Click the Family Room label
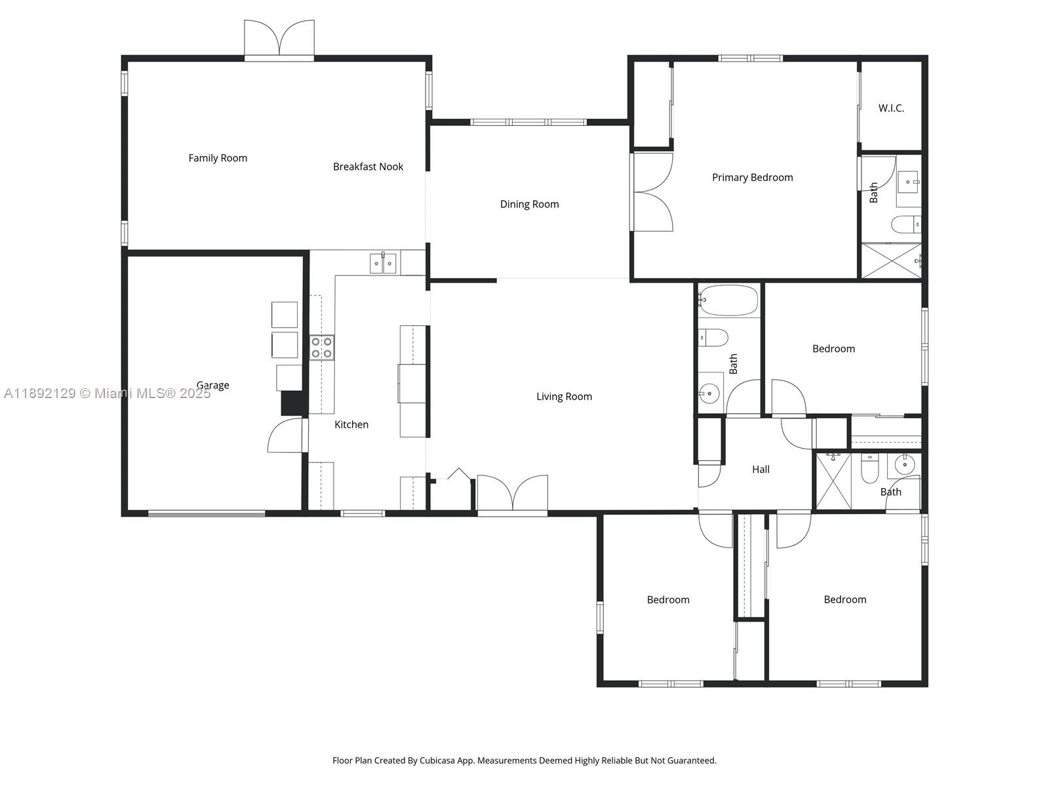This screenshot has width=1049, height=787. (x=218, y=158)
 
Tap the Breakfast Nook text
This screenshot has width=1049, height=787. (x=368, y=167)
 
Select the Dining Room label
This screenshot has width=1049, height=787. (x=529, y=204)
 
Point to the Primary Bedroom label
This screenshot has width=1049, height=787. (x=752, y=177)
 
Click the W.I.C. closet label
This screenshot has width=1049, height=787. (x=891, y=108)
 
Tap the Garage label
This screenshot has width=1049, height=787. (x=212, y=385)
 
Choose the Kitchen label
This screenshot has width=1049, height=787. (x=351, y=424)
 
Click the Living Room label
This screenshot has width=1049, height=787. (x=564, y=396)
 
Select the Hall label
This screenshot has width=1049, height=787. (x=761, y=469)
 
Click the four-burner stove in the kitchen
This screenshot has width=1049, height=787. (x=321, y=348)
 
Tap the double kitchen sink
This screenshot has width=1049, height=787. (x=383, y=264)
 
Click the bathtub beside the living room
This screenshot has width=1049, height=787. (x=728, y=300)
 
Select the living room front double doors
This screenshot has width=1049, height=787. (x=512, y=493)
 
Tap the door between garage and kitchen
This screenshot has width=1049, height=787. (x=287, y=435)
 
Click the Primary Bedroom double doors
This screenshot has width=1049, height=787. (x=652, y=192)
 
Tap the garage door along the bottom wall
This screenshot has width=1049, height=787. (x=207, y=514)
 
